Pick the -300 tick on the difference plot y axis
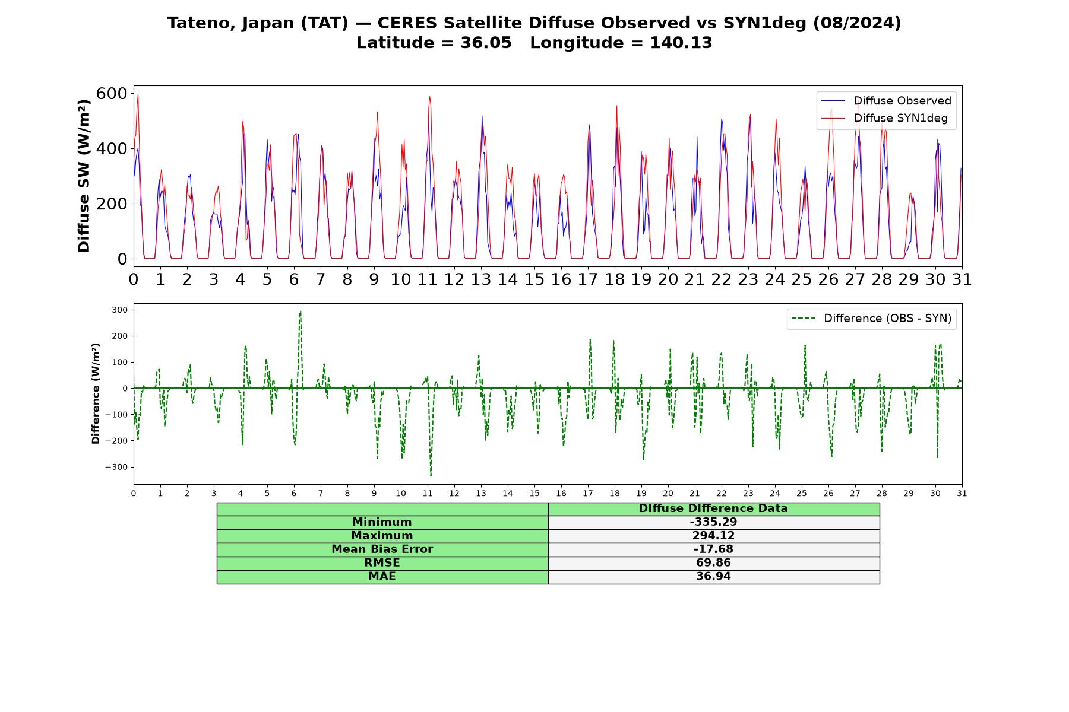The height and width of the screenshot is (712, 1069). pyautogui.click(x=116, y=467)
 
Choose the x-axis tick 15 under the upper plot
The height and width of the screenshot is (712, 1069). pyautogui.click(x=534, y=279)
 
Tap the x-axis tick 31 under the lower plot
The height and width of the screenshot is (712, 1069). pyautogui.click(x=962, y=493)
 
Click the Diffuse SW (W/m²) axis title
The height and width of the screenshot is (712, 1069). pyautogui.click(x=84, y=176)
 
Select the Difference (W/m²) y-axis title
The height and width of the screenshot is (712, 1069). pyautogui.click(x=96, y=393)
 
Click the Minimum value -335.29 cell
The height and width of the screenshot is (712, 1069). pyautogui.click(x=713, y=522)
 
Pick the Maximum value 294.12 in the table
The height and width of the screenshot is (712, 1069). pyautogui.click(x=713, y=536)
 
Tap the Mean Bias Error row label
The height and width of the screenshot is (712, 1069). pyautogui.click(x=382, y=549)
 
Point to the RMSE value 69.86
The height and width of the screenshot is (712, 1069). pyautogui.click(x=713, y=563)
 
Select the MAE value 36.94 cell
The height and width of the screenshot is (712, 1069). pyautogui.click(x=713, y=577)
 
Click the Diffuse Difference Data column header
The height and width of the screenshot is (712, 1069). pyautogui.click(x=713, y=508)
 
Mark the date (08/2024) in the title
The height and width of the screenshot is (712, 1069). pyautogui.click(x=857, y=23)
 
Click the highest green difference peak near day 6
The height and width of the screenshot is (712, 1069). pyautogui.click(x=301, y=311)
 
